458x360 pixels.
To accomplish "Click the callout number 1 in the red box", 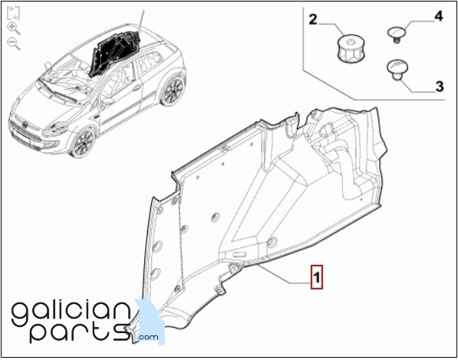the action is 317,277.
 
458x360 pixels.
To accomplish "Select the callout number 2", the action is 313,20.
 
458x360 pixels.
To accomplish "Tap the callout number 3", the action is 440,87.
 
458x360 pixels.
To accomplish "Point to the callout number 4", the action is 439,16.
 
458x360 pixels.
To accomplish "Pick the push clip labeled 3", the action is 397,70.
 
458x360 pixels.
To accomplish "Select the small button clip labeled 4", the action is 397,35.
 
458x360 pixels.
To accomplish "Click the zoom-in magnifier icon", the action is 14,28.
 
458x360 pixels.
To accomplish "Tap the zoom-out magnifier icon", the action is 14,44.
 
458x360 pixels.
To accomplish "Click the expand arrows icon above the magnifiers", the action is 13,13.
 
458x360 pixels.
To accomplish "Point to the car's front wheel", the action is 84,144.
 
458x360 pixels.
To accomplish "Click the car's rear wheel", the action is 173,90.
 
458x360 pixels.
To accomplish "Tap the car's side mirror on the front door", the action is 107,101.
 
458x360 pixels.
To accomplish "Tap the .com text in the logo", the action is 148,337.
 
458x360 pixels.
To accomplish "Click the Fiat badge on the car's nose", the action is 27,125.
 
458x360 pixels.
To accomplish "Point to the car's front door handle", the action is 137,88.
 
